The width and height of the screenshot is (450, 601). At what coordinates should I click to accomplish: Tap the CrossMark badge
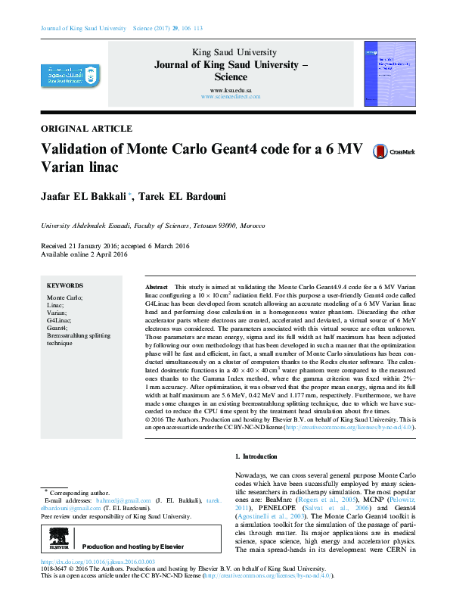[395, 151]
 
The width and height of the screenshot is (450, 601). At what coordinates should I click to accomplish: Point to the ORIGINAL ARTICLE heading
[86, 129]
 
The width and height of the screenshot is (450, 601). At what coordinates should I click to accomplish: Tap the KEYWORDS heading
[64, 286]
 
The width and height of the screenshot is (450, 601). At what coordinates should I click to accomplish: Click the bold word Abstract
[156, 289]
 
